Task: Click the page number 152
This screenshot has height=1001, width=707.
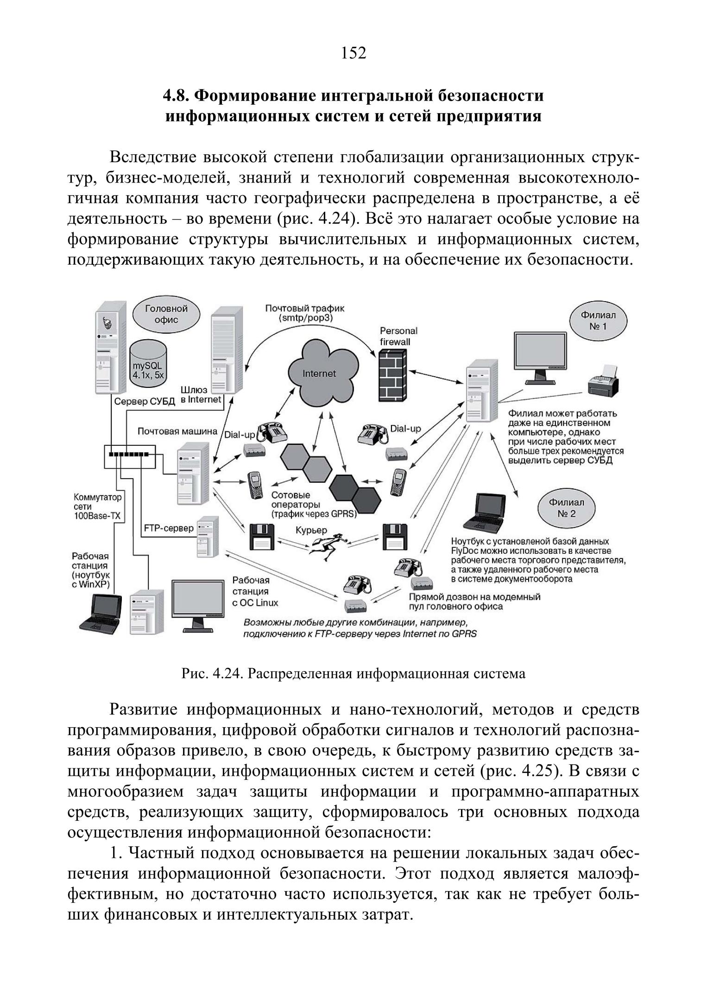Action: pyautogui.click(x=353, y=53)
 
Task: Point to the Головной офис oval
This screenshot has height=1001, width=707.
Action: pyautogui.click(x=166, y=314)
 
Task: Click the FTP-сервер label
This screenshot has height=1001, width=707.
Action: pyautogui.click(x=169, y=528)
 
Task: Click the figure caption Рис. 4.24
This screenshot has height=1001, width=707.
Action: pyautogui.click(x=353, y=674)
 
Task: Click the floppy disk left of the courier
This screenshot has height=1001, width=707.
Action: pyautogui.click(x=261, y=537)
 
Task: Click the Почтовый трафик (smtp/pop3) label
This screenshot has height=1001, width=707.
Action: pyautogui.click(x=305, y=313)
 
